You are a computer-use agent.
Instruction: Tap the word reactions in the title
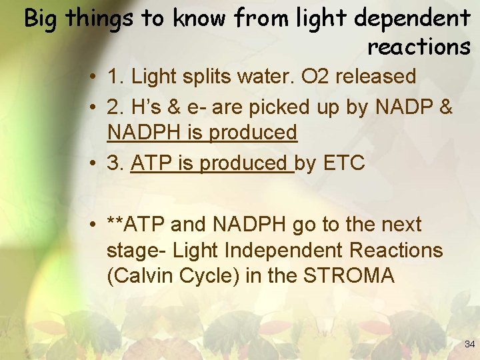[419, 47]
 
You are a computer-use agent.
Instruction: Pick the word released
[375, 77]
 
